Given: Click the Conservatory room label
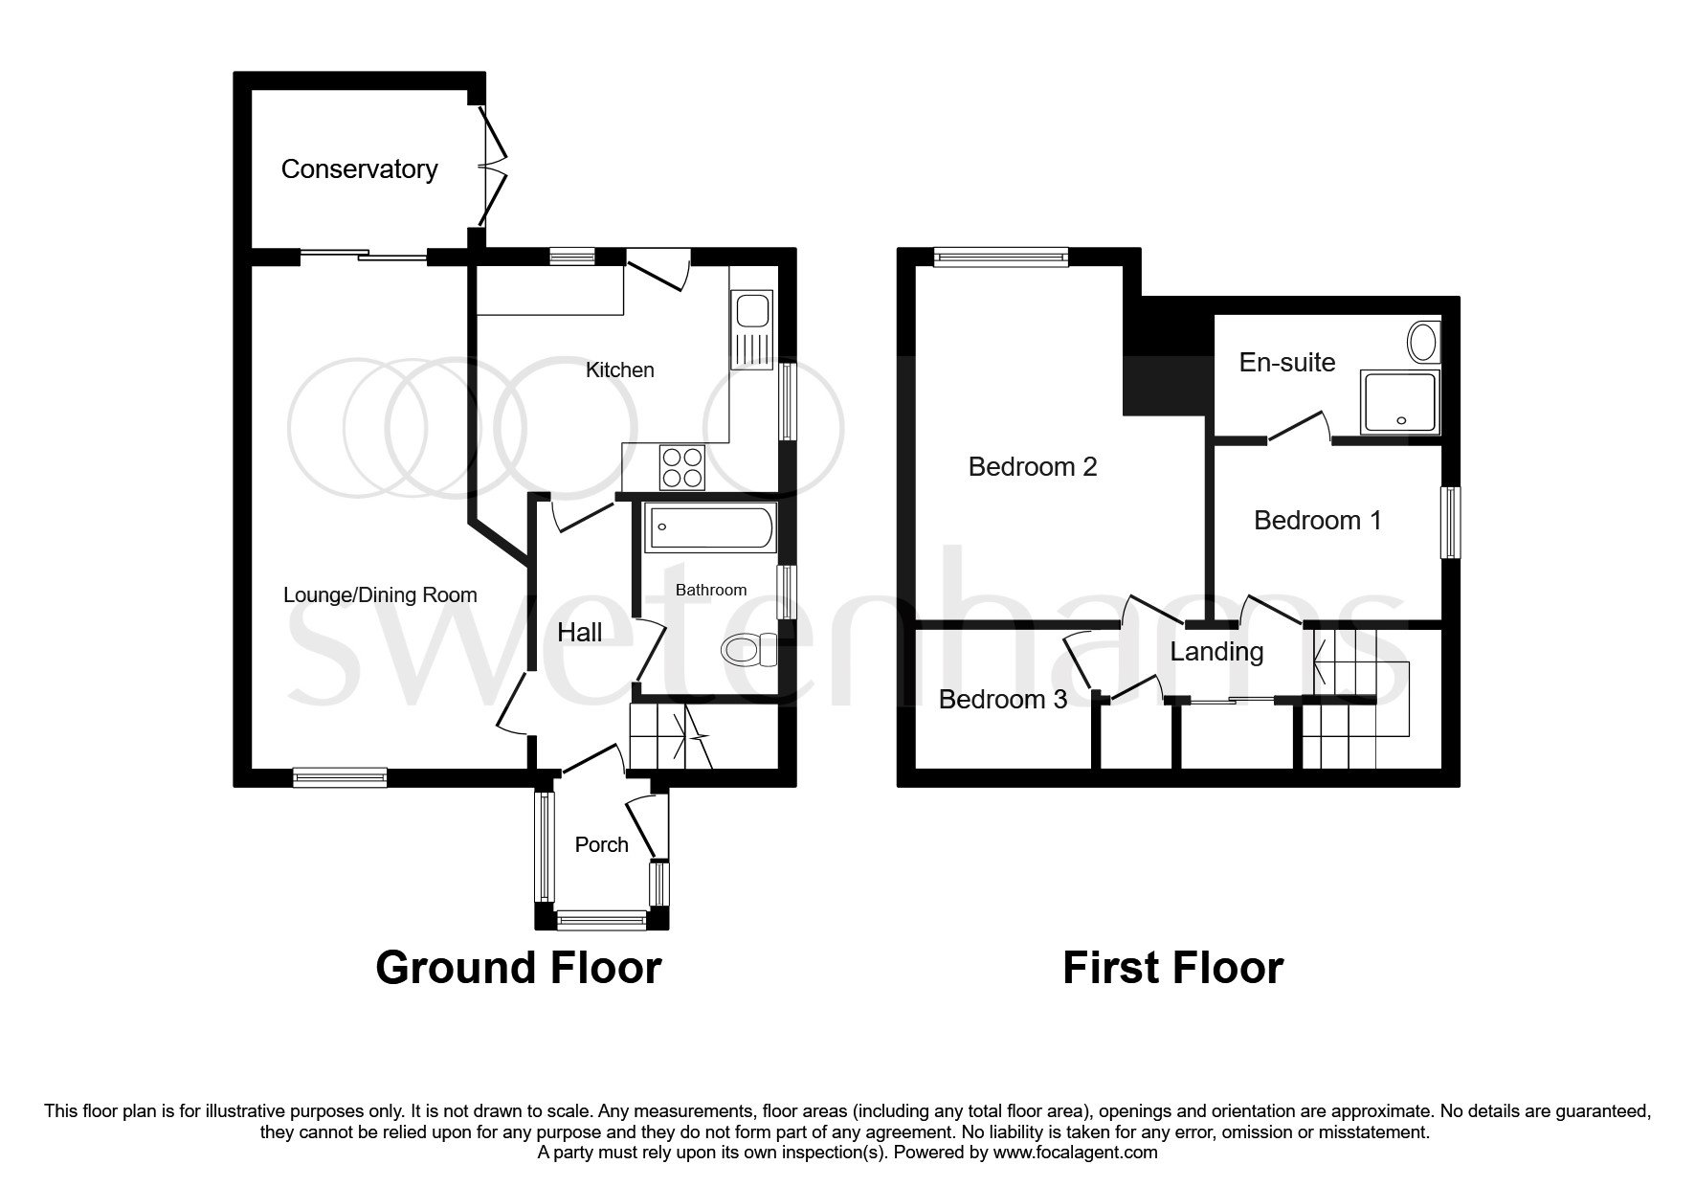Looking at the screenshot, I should coord(359,169).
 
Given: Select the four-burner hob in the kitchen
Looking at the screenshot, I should coord(682,468).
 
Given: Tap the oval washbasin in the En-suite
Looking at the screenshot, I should coord(1422,342).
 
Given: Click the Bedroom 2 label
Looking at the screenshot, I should coord(1032,467).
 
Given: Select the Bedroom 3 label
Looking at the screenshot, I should coord(1002,700).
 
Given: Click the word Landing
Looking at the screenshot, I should coord(1216,652).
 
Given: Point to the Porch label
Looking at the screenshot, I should coord(601,844).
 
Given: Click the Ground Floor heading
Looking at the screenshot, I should coord(518,968).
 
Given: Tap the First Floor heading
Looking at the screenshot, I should coord(1172,968).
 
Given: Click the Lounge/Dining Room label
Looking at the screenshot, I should coord(380,595).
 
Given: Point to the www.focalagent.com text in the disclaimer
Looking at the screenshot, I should coord(1075,1153).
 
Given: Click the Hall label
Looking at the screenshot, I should coord(579,632).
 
